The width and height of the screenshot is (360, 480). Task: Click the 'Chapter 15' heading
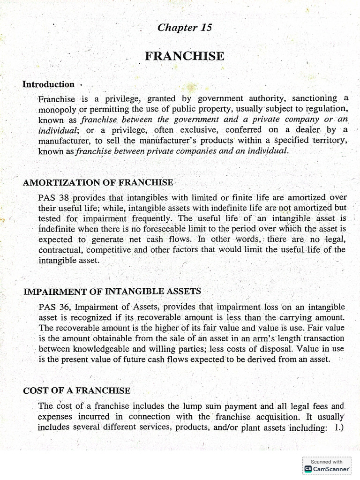(185, 28)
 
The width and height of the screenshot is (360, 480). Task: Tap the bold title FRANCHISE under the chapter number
(184, 56)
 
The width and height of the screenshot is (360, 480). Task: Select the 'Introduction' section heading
(48, 84)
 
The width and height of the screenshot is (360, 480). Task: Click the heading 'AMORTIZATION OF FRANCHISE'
(98, 182)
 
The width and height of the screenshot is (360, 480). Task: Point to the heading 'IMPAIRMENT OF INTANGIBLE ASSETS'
(112, 292)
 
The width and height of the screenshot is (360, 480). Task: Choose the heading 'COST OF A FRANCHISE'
(77, 390)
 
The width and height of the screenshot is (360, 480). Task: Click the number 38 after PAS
(64, 198)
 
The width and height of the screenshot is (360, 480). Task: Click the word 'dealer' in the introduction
(307, 130)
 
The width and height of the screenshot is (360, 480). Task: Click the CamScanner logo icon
(308, 468)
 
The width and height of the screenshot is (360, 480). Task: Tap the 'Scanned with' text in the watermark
(327, 462)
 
